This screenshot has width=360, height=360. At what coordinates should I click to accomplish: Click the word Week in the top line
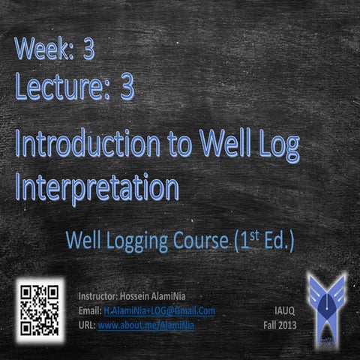(x=43, y=51)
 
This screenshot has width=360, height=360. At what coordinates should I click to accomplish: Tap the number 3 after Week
(x=88, y=51)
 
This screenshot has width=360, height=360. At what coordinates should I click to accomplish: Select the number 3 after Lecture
(x=127, y=87)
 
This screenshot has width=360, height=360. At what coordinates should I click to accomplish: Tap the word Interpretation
(x=97, y=186)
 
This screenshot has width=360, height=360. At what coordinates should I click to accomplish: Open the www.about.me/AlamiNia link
(x=145, y=325)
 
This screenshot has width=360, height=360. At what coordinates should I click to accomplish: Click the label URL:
(x=86, y=325)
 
